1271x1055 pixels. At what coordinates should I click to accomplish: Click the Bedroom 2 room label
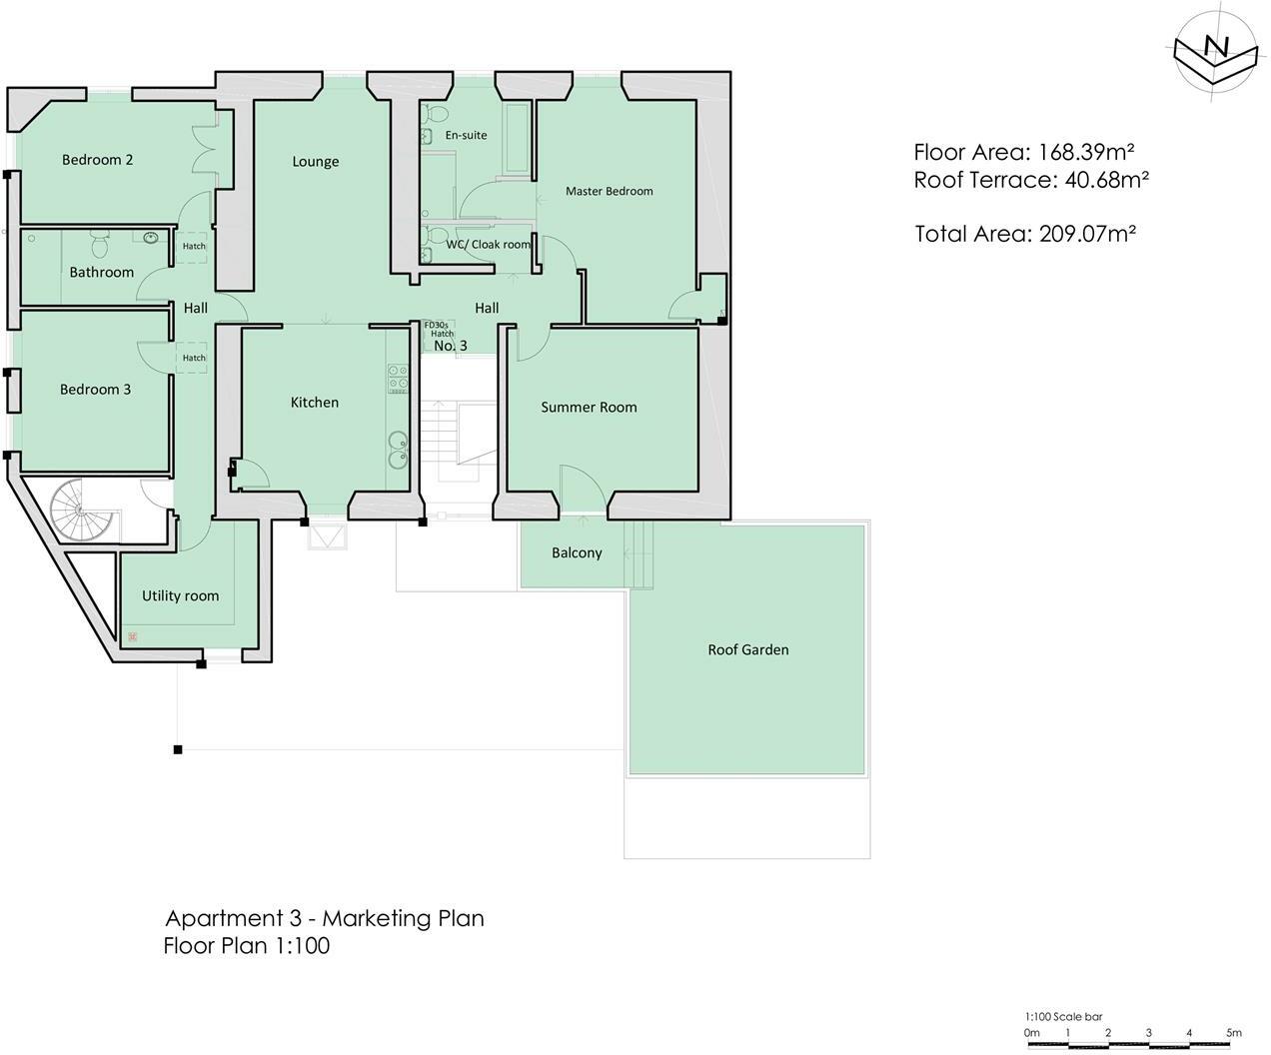[97, 160]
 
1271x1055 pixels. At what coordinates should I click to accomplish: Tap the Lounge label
[316, 162]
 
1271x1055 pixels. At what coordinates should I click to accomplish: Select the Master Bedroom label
[609, 191]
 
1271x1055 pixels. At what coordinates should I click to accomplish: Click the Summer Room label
[589, 408]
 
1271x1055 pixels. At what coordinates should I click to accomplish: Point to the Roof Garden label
[748, 650]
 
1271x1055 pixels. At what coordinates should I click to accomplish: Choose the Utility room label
[180, 596]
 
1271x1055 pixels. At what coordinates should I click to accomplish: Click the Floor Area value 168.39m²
[1085, 153]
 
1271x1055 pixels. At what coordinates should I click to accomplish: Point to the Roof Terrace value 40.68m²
[1103, 181]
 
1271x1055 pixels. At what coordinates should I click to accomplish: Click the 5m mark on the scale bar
[1234, 1033]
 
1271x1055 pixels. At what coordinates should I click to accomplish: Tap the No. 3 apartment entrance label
[450, 346]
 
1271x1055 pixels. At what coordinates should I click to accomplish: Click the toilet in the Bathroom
[99, 243]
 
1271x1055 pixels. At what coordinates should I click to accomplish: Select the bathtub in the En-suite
[518, 137]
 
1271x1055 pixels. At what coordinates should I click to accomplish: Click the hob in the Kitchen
[398, 377]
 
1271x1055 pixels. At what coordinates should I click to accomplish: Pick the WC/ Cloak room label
[488, 245]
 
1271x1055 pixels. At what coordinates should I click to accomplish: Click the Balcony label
[577, 553]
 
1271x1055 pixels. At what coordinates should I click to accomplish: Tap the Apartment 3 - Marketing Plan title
[324, 918]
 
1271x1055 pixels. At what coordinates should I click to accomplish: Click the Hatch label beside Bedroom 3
[194, 358]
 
